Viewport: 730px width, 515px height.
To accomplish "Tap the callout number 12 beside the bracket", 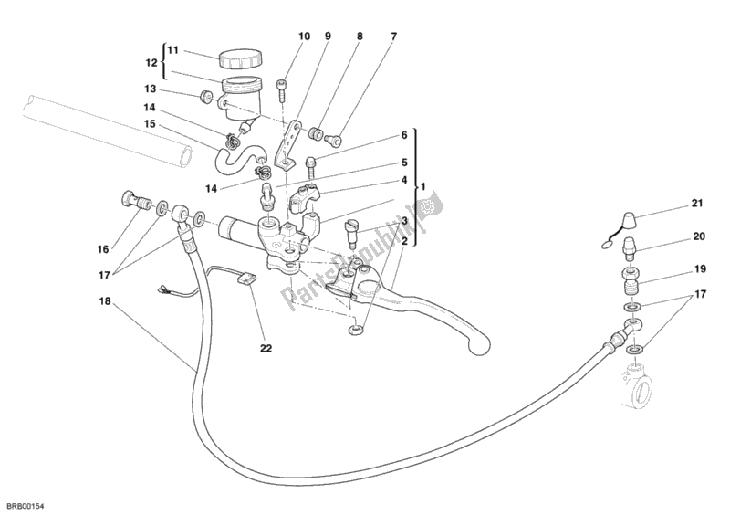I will [x=152, y=63].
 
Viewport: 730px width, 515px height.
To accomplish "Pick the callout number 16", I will [x=102, y=248].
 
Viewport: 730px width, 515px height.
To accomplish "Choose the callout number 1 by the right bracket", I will [x=422, y=187].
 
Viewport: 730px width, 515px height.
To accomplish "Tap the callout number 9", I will [x=328, y=37].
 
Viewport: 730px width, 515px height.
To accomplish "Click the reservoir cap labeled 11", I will [x=238, y=58].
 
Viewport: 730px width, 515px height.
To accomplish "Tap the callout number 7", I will [x=393, y=37].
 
